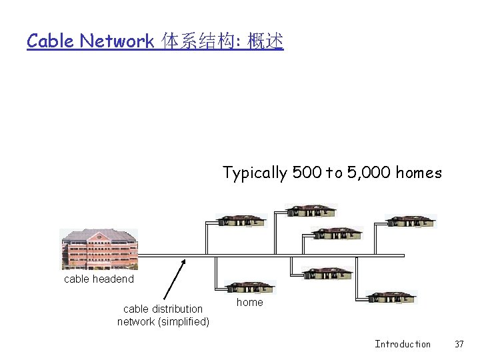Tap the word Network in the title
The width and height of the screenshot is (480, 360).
[x=117, y=41]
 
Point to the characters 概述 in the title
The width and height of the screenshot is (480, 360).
[x=265, y=41]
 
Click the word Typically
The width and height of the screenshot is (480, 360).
[x=255, y=173]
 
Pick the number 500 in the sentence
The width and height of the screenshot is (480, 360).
[x=307, y=173]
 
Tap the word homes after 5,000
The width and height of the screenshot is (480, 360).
[x=419, y=173]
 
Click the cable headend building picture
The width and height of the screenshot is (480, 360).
[x=99, y=249]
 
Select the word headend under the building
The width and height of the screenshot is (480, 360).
[x=115, y=279]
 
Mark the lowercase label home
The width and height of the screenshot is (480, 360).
[x=250, y=303]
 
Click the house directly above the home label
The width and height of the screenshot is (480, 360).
[x=250, y=287]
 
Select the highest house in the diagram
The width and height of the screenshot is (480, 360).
[x=311, y=211]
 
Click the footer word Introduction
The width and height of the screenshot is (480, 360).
[x=403, y=344]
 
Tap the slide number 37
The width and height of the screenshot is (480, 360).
[x=459, y=344]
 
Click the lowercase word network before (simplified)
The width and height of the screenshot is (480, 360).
[x=136, y=322]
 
